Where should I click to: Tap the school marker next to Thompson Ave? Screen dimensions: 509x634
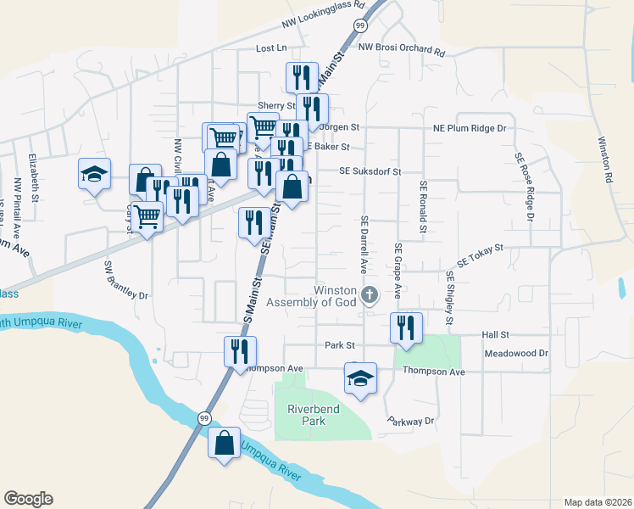pos(360,378)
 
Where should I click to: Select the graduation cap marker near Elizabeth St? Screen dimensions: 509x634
pos(94,175)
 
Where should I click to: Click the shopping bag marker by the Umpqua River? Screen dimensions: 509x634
pos(224,444)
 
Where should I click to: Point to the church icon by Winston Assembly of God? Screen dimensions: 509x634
pos(370,295)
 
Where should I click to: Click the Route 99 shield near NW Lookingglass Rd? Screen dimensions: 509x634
pos(360,25)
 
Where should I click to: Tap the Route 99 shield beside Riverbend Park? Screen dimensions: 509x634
pos(204,418)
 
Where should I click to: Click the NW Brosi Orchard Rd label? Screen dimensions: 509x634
pos(401,51)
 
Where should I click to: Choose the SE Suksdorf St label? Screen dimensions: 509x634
pos(370,171)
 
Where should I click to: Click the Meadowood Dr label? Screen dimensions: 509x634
pos(516,353)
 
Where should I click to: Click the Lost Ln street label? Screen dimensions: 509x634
pos(272,48)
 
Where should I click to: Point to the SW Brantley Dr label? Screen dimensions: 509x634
pos(125,280)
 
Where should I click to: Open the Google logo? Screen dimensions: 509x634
pos(28,499)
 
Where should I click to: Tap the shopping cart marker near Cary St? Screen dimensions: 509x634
pos(147,218)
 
